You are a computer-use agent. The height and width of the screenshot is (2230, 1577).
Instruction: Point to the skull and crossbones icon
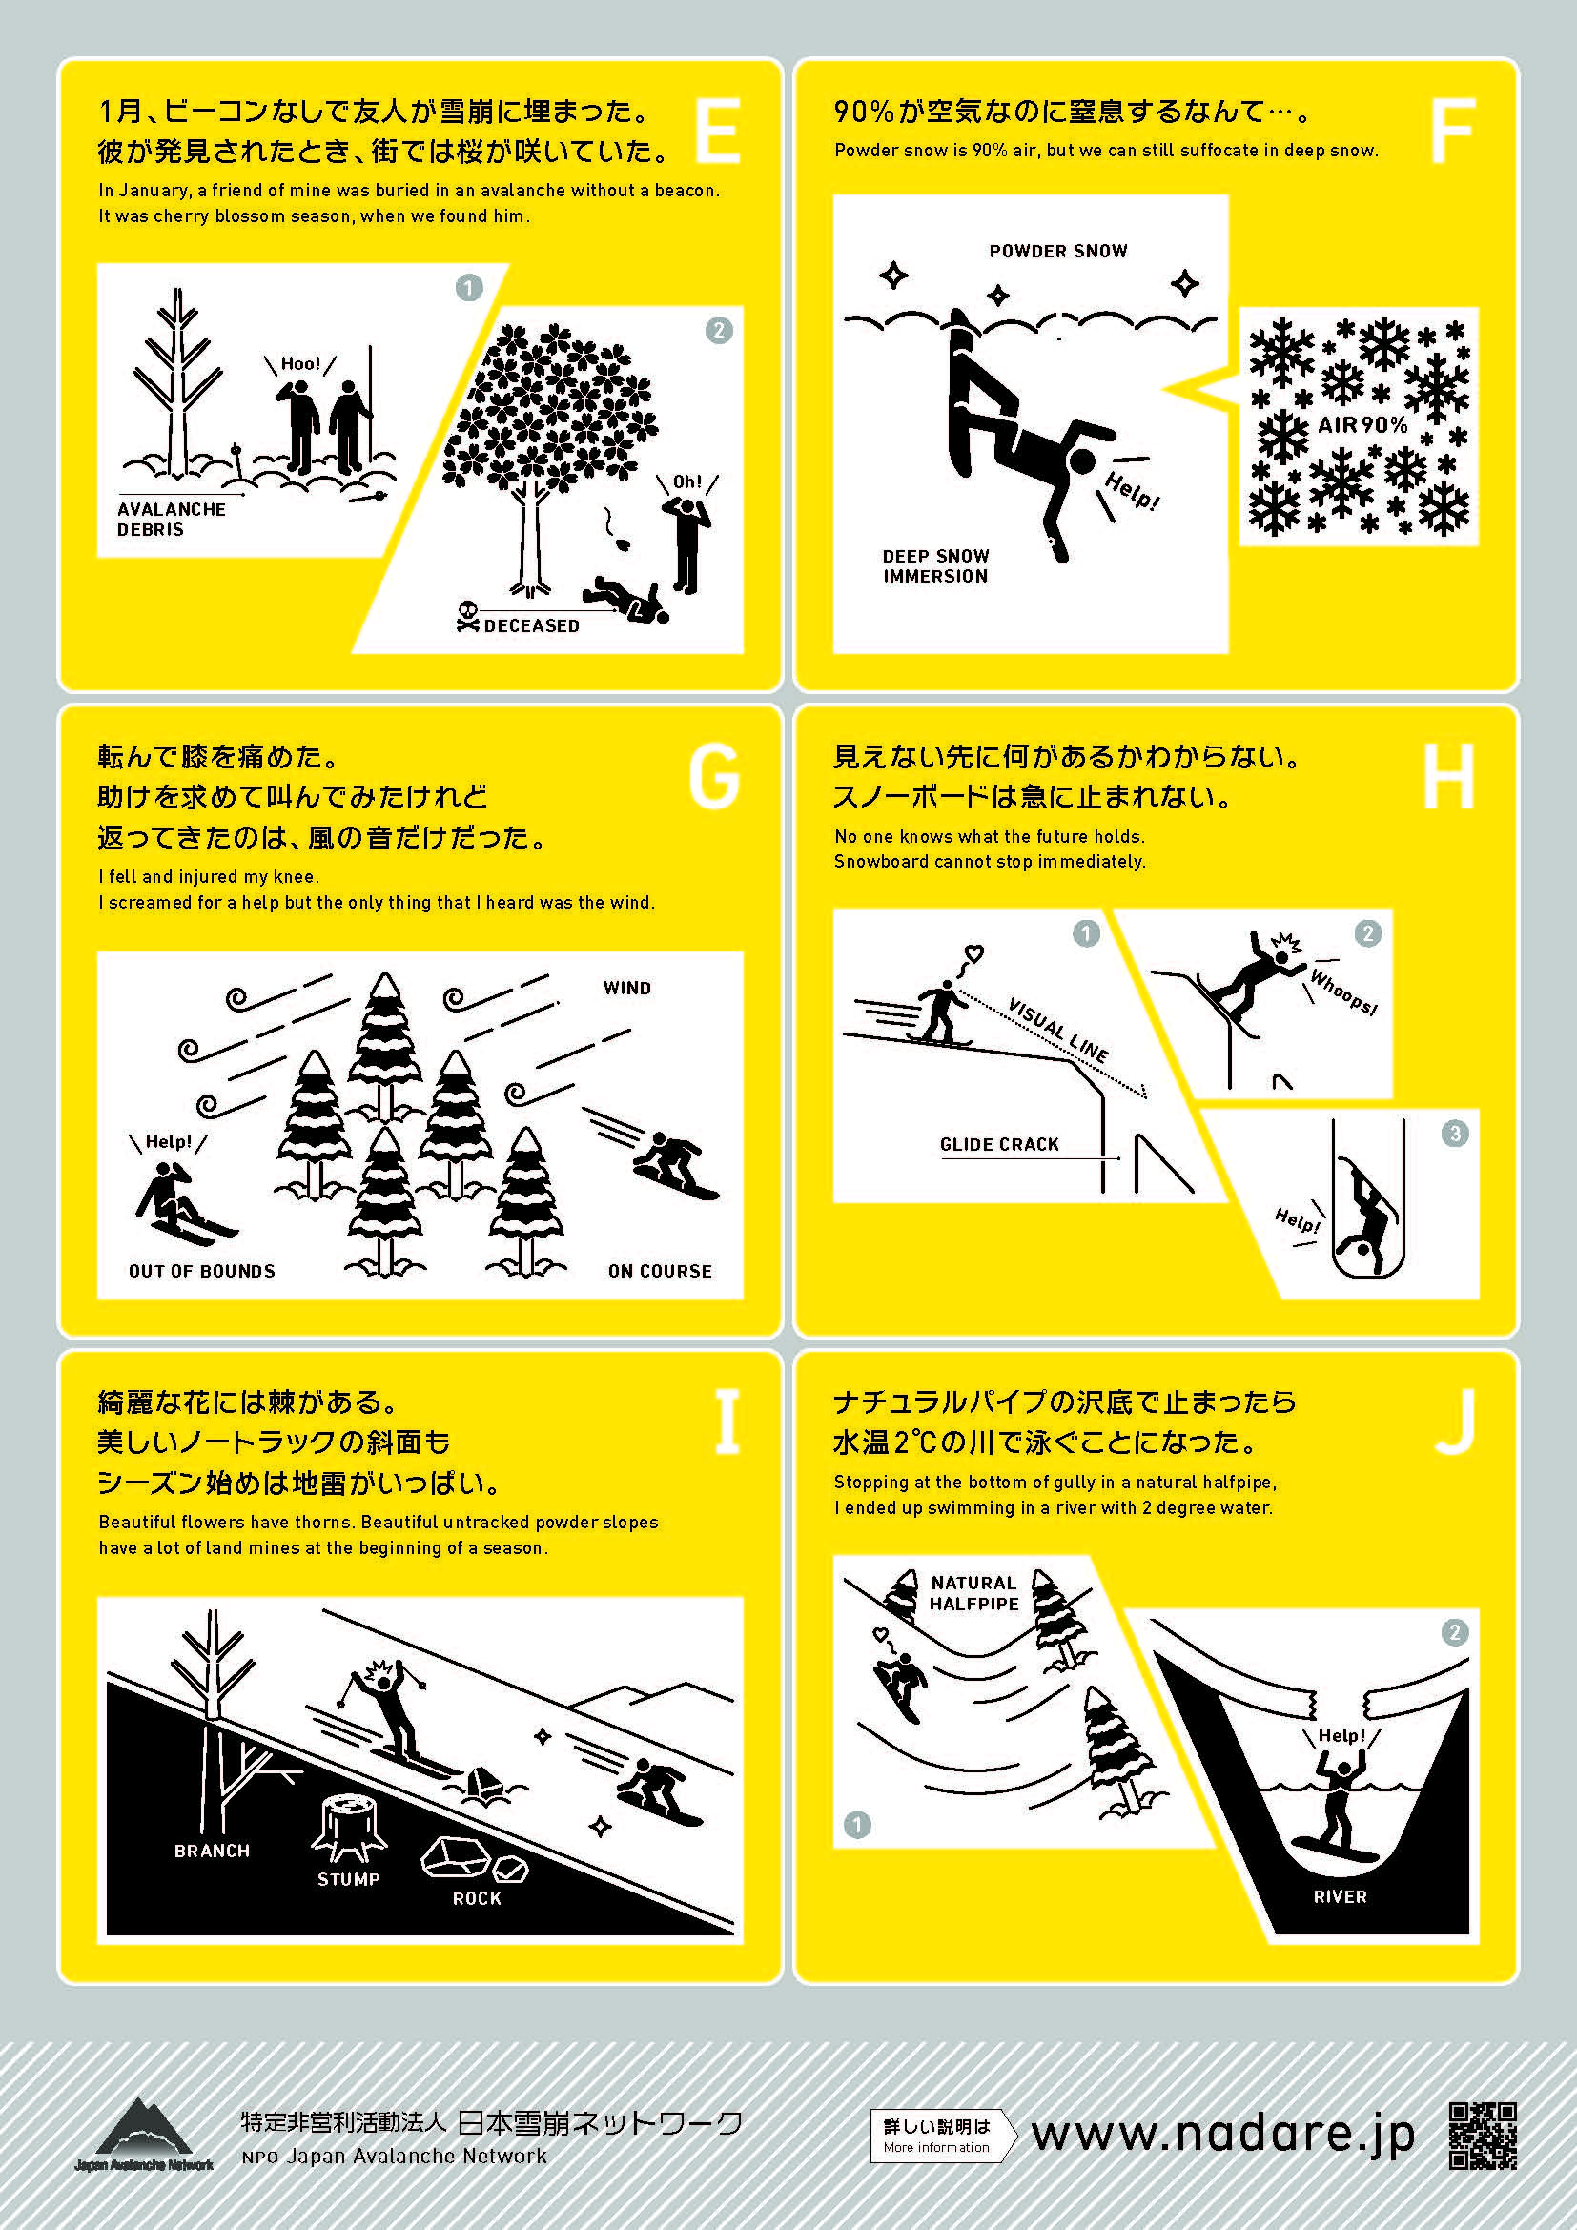click(467, 616)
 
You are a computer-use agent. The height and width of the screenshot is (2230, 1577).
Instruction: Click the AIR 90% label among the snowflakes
click(1362, 424)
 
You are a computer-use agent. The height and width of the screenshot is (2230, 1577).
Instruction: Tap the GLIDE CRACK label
click(999, 1144)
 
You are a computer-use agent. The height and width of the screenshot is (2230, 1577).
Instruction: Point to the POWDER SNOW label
click(1058, 251)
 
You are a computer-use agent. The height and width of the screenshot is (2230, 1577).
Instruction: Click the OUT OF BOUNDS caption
click(202, 1270)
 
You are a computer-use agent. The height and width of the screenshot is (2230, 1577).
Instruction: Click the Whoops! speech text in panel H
click(1343, 991)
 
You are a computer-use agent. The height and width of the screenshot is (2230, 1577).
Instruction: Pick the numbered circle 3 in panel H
click(1454, 1133)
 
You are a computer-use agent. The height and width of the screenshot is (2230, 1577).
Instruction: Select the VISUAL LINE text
click(1057, 1030)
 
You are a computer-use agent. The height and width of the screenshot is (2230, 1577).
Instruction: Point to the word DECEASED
click(531, 625)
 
